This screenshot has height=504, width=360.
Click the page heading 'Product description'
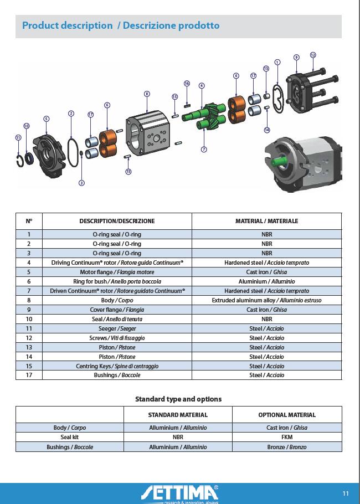pos(67,25)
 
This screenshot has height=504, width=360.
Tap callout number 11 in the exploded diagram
pos(18,137)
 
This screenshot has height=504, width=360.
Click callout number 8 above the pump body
pos(147,94)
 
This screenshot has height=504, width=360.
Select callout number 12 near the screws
pos(313,55)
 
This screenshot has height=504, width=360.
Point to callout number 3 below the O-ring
pos(81,183)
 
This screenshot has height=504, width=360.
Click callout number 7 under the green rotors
pos(204,150)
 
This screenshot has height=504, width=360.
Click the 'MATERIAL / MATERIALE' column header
pos(266,221)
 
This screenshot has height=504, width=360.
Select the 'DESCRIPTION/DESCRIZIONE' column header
pos(117,221)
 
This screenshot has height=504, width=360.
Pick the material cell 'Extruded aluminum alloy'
pos(266,300)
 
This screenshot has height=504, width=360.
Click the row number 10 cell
pos(29,319)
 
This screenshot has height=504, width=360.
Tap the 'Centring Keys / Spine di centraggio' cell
pos(117,366)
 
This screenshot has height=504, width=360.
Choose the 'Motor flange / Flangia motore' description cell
pos(117,272)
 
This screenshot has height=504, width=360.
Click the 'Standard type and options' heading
pos(178,399)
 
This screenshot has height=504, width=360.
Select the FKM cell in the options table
pos(286,437)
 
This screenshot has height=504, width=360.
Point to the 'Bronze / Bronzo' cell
pos(286,447)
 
